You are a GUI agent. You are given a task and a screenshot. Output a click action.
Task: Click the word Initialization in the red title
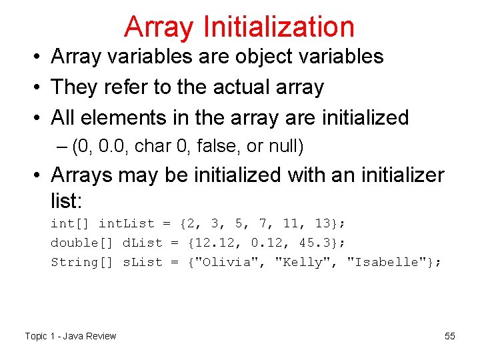tap(279, 27)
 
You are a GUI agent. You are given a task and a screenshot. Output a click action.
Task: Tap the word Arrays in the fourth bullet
tap(84, 175)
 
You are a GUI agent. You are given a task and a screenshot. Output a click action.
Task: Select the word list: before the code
tap(70, 199)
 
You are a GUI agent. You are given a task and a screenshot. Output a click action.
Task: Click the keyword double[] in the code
tap(83, 243)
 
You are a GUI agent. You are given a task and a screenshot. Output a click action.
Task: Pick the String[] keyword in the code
tap(83, 262)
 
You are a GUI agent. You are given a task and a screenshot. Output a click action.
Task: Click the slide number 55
tap(450, 336)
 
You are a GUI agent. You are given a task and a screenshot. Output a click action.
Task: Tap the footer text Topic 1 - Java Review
tap(71, 336)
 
